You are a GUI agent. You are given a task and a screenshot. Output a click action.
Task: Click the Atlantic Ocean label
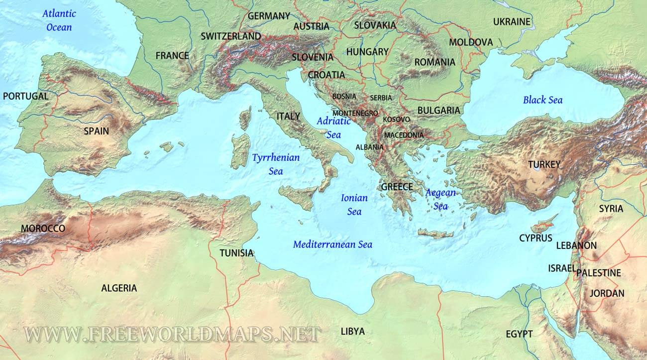[x=59, y=20]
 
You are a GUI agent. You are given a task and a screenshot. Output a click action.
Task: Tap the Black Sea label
[x=542, y=100]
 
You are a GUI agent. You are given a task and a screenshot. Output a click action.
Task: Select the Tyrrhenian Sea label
[x=276, y=164]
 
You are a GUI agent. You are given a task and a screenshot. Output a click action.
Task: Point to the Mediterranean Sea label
[x=332, y=244]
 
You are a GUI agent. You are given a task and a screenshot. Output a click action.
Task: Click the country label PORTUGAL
[x=26, y=96]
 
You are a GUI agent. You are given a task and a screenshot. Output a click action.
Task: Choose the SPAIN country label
[x=97, y=131]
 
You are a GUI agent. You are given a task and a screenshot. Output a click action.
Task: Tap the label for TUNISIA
[x=237, y=253]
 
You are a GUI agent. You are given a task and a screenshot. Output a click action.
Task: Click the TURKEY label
[x=544, y=164]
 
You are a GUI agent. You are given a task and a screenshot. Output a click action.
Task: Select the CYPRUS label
[x=536, y=238]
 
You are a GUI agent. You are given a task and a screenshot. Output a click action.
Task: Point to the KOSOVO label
[x=396, y=120]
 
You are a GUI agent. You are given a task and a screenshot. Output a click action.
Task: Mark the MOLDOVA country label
[x=471, y=42]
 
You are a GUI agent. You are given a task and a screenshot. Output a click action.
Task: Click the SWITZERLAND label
[x=230, y=36]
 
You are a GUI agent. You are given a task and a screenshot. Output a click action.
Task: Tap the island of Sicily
[x=298, y=196]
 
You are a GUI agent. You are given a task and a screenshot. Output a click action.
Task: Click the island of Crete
[x=435, y=234]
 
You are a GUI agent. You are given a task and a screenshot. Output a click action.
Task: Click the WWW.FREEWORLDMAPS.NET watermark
[x=172, y=334]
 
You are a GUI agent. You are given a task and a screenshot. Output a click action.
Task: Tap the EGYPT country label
[x=519, y=334]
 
